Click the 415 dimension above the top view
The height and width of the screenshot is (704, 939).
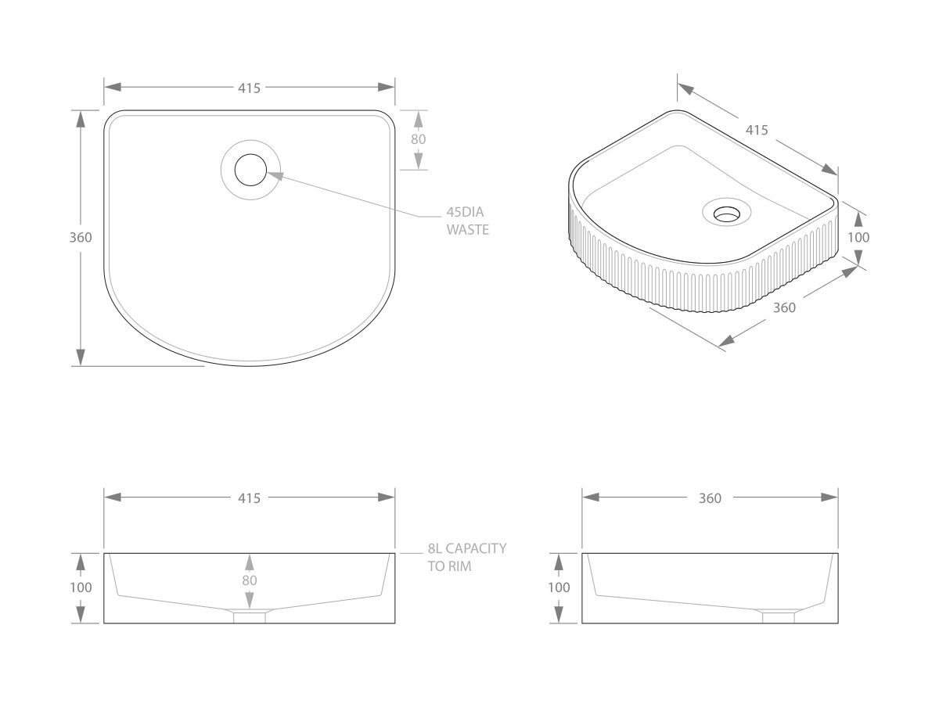click(249, 88)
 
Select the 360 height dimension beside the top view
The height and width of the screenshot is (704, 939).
click(81, 238)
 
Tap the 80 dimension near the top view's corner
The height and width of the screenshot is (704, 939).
click(418, 139)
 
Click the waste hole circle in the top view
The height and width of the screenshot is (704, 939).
click(250, 171)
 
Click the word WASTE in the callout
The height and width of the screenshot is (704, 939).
click(467, 230)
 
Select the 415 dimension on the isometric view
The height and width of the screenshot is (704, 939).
click(756, 131)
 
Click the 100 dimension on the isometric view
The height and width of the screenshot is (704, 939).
click(858, 237)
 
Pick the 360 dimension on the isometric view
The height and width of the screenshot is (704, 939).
click(784, 308)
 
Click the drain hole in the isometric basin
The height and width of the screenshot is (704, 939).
click(726, 212)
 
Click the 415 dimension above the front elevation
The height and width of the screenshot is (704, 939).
click(249, 498)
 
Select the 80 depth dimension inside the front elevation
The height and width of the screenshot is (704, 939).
click(249, 580)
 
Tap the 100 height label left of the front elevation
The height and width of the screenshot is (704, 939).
click(81, 587)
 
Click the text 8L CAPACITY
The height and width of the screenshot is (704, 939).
click(466, 549)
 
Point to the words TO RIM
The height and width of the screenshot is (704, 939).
click(449, 566)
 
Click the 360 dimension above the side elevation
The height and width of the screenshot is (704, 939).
click(710, 498)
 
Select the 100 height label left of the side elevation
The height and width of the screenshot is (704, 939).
click(559, 587)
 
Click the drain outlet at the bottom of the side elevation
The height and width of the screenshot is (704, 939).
click(779, 616)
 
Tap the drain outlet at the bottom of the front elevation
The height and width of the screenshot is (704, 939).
click(250, 616)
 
